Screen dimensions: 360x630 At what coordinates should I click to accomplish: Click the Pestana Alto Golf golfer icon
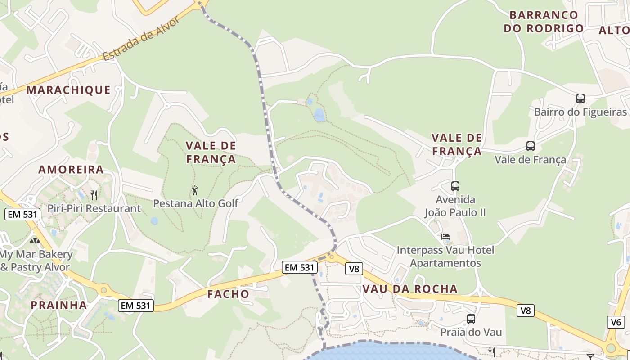pos(195,190)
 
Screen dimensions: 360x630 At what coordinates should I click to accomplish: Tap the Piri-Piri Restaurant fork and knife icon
pos(94,195)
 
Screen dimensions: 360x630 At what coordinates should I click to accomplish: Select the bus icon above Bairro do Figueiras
pos(580,98)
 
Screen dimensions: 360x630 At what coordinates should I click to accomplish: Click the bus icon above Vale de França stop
pos(531,146)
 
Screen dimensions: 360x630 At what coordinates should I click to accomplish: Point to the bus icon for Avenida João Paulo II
pos(455,186)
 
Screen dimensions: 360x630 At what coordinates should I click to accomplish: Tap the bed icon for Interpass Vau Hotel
pos(445,236)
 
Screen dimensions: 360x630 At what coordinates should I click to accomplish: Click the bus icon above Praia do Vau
pos(471,319)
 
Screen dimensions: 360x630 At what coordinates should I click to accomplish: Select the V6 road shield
pos(616,322)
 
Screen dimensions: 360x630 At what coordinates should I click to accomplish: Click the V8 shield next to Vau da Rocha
pos(354,269)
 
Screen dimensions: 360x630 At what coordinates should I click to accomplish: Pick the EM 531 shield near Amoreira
pos(23,214)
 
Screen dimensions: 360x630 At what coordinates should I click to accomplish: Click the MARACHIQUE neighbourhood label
pos(68,90)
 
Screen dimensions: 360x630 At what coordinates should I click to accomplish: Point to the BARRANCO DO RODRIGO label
pos(544,22)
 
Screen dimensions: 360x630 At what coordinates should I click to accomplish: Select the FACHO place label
pos(228,294)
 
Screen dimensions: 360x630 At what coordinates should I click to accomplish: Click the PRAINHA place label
pos(59,305)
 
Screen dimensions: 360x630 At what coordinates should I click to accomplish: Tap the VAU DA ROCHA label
pos(410,289)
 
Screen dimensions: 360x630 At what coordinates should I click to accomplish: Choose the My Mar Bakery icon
pos(35,241)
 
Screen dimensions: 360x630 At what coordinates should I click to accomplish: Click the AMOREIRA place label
pos(71,170)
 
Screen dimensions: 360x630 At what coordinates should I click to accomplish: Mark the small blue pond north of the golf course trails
pos(319,115)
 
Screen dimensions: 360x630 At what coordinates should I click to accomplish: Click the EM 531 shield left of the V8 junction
pos(300,267)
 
